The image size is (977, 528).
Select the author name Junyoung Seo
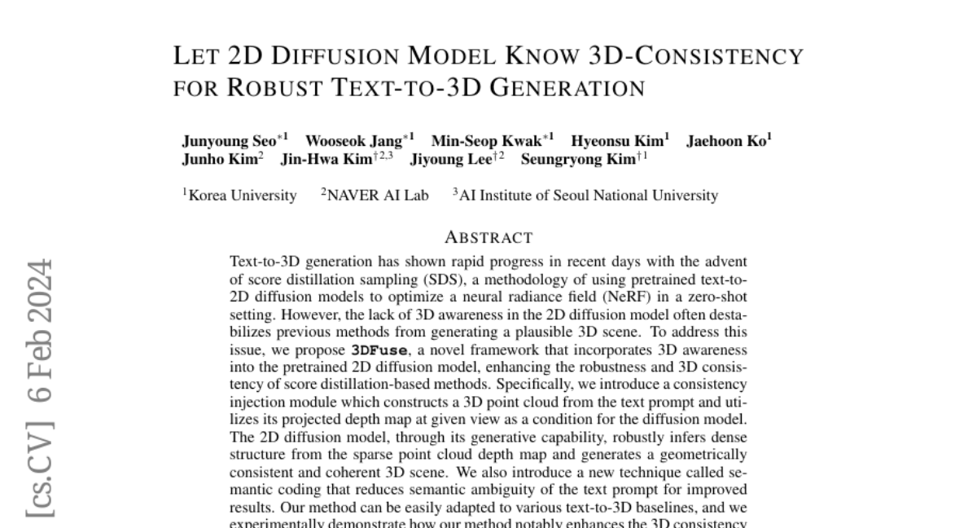[x=229, y=141]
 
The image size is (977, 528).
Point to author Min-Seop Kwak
[x=486, y=141]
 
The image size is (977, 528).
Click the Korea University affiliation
[x=242, y=196]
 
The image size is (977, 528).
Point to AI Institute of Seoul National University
[x=588, y=196]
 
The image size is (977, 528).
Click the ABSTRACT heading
[x=488, y=238]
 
